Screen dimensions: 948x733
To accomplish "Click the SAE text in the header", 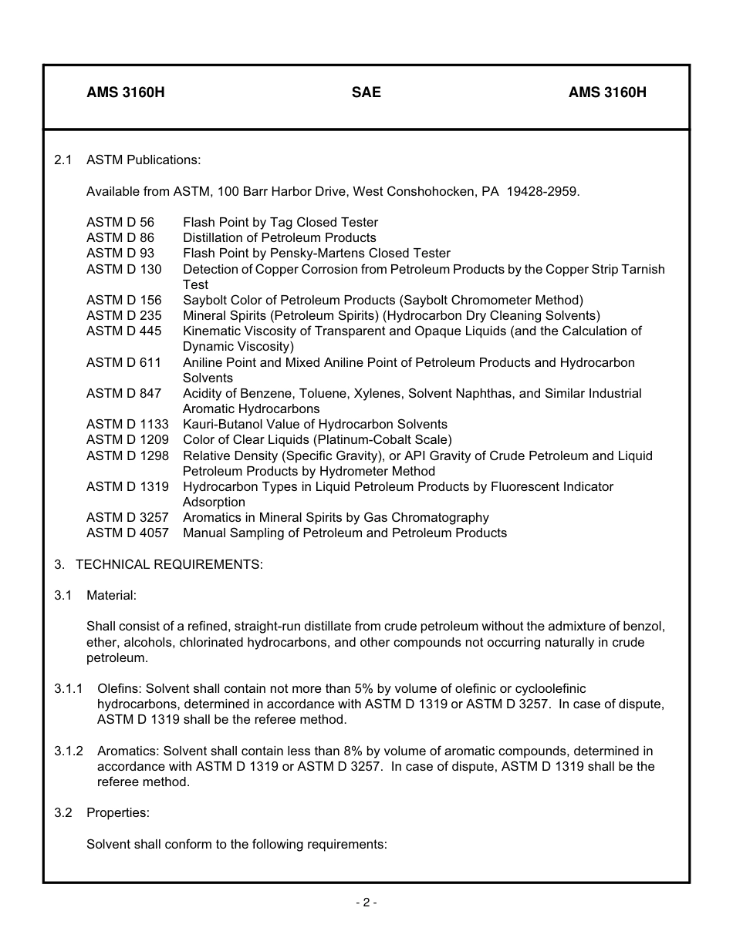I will click(366, 92).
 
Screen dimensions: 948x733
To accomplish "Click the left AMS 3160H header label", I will click(125, 92).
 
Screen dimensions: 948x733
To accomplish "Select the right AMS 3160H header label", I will click(607, 92).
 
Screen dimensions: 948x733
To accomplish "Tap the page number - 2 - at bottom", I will click(366, 903).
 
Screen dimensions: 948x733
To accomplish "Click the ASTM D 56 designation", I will click(120, 222).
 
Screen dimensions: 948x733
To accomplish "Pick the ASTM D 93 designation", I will click(120, 253).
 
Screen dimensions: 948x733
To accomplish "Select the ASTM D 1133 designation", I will click(127, 424).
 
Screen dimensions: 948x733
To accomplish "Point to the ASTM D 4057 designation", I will click(127, 533).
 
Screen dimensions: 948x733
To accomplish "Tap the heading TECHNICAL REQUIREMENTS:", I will click(169, 564).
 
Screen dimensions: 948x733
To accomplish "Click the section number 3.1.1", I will click(69, 688).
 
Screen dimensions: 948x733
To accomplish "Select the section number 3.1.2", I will click(69, 751).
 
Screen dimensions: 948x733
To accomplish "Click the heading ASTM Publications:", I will click(144, 160).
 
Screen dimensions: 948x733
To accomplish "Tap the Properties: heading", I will click(118, 812).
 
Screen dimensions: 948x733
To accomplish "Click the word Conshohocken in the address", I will click(439, 191).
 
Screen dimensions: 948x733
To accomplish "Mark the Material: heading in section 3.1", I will click(111, 595).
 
